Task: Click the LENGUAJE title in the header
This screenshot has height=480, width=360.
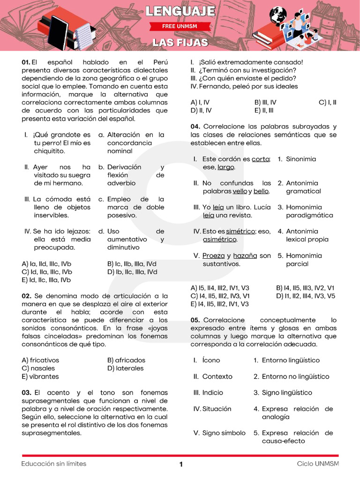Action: tap(180, 11)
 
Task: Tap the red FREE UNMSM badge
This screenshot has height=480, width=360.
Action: tap(180, 27)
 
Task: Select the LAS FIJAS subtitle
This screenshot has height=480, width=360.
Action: tap(180, 43)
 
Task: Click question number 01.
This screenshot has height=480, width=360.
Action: tap(26, 62)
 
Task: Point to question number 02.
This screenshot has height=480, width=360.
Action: tap(26, 296)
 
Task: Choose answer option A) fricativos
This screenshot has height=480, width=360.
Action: tap(40, 360)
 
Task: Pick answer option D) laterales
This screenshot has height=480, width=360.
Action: tap(125, 368)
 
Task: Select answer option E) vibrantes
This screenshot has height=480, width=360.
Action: tap(40, 376)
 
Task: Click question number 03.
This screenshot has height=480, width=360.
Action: tap(26, 392)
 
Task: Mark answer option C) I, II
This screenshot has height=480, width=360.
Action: tap(327, 102)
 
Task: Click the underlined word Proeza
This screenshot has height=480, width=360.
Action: tap(213, 255)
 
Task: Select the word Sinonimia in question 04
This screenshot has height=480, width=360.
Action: tap(301, 159)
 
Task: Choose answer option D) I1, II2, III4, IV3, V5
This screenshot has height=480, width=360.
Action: tap(306, 296)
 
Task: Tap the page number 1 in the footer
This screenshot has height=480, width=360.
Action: tap(181, 464)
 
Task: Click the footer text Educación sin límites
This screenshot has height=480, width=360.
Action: tap(53, 464)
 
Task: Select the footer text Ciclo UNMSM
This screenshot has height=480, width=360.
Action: tap(317, 464)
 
